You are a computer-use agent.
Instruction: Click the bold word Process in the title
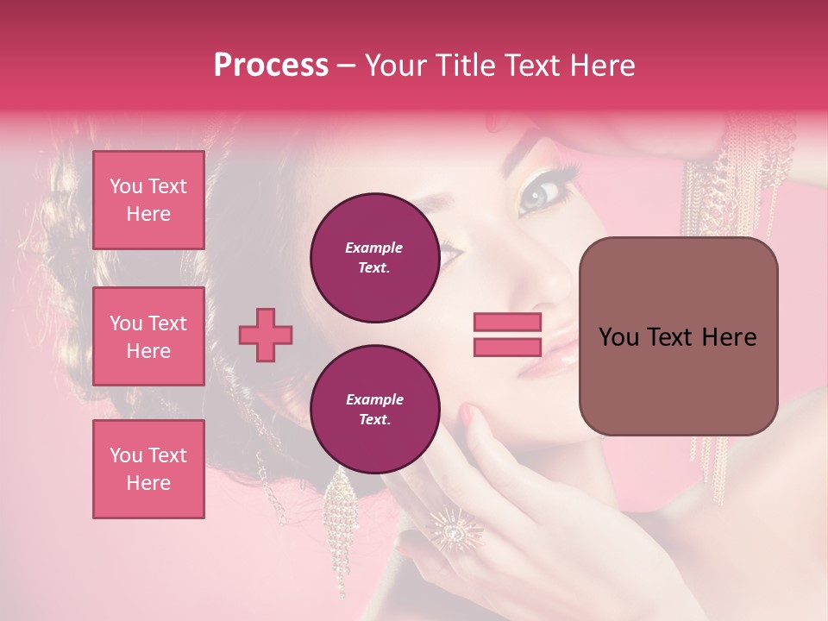pyautogui.click(x=271, y=66)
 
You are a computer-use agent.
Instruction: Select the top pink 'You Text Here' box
pyautogui.click(x=148, y=200)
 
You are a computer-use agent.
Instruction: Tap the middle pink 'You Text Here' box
pyautogui.click(x=148, y=336)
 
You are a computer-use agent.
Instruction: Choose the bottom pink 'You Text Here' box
pyautogui.click(x=148, y=469)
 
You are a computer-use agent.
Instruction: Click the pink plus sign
pyautogui.click(x=266, y=335)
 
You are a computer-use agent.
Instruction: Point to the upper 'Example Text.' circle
pyautogui.click(x=374, y=258)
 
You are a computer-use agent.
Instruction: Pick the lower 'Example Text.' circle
pyautogui.click(x=374, y=410)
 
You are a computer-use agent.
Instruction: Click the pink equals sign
pyautogui.click(x=507, y=335)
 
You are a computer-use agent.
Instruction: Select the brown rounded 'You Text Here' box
pyautogui.click(x=678, y=336)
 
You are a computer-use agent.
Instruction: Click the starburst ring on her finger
pyautogui.click(x=452, y=527)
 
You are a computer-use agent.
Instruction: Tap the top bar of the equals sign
pyautogui.click(x=507, y=323)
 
